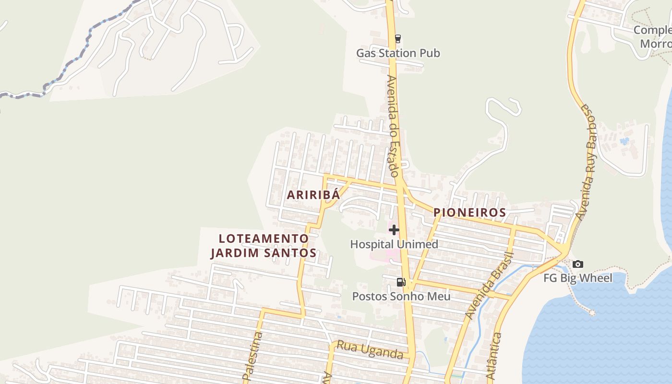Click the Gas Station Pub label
pyautogui.click(x=398, y=53)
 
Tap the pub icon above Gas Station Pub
pyautogui.click(x=397, y=39)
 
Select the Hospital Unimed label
pyautogui.click(x=394, y=244)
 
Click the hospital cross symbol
pyautogui.click(x=394, y=230)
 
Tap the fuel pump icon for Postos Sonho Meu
pyautogui.click(x=401, y=282)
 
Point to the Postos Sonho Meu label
pyautogui.click(x=401, y=296)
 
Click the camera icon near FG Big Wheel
pyautogui.click(x=578, y=264)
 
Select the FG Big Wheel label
pyautogui.click(x=578, y=278)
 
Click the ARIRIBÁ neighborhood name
pyautogui.click(x=313, y=195)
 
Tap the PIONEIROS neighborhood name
pyautogui.click(x=469, y=213)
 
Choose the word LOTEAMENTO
pyautogui.click(x=264, y=239)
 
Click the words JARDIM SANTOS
pyautogui.click(x=264, y=253)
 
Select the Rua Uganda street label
pyautogui.click(x=370, y=350)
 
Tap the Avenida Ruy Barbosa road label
pyautogui.click(x=588, y=161)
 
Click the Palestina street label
pyautogui.click(x=253, y=358)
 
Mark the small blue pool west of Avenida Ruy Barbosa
pyautogui.click(x=624, y=141)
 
